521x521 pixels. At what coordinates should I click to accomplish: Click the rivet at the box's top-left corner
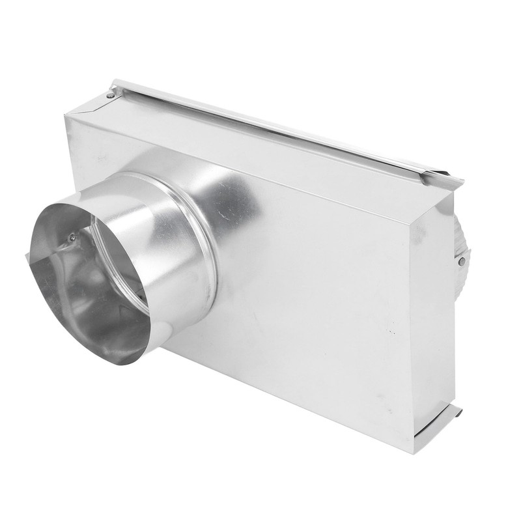tap(111, 95)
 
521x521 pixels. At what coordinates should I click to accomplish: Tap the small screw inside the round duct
tap(72, 238)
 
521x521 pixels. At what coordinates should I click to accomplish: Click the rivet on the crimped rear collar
tap(462, 261)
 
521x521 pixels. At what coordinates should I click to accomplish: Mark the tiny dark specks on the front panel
tap(391, 331)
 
